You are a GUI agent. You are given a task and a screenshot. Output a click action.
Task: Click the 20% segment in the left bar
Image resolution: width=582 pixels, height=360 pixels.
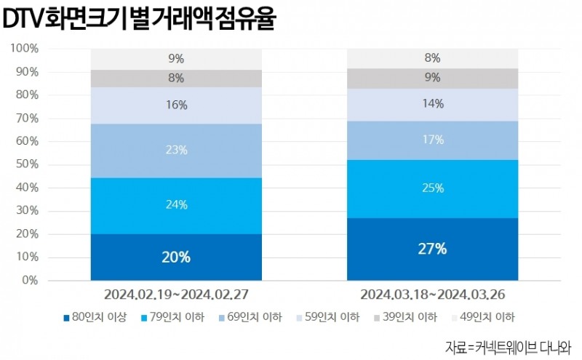[x=176, y=257]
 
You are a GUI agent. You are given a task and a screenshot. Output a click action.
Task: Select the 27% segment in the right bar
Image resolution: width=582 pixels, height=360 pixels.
[x=432, y=249]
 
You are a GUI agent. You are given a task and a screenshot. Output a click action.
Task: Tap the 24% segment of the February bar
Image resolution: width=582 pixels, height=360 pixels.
[x=176, y=205]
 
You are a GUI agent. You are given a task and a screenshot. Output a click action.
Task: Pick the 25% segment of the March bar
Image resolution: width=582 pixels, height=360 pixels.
[x=432, y=188]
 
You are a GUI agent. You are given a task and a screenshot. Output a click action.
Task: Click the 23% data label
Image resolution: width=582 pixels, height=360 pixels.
[x=176, y=151]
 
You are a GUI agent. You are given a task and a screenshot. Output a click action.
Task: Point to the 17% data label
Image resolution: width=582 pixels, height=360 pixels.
[x=432, y=140]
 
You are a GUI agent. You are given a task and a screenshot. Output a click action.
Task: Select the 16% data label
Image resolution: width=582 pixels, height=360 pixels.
[x=176, y=105]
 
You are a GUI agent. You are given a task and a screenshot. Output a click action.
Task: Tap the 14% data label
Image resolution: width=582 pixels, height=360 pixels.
[x=432, y=104]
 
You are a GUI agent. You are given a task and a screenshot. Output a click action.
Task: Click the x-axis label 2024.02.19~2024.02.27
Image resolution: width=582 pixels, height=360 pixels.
[x=176, y=295]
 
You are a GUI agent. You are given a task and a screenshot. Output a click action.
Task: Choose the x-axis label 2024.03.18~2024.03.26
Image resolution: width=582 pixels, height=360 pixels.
[x=432, y=295]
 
